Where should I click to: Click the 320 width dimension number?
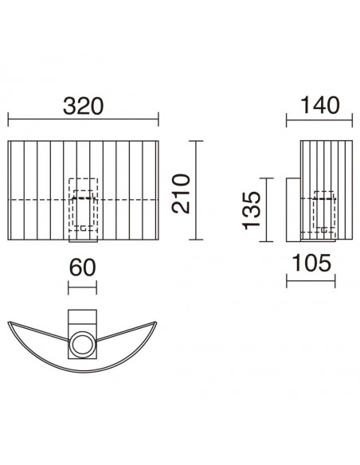pos(84,106)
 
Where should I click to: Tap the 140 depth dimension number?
pos(319,106)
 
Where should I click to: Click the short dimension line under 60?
pos(81,285)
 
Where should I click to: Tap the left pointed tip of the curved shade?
pos(10,323)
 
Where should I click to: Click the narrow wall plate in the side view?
pos(293,210)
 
